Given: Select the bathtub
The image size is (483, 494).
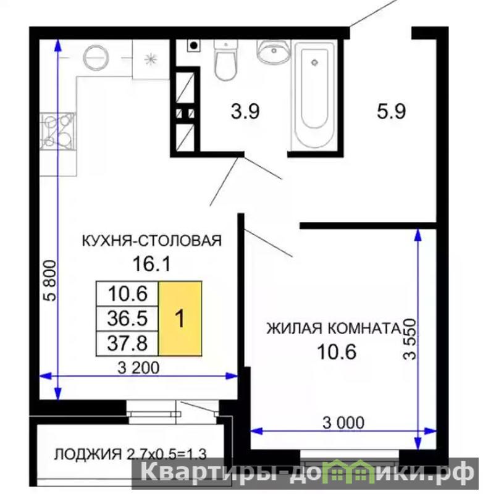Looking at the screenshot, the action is coord(314,94).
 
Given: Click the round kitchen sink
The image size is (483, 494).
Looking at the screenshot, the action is coord(96,57).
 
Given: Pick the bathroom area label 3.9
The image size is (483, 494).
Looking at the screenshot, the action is coord(245,112).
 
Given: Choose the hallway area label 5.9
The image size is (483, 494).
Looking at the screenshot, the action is coord(392,111).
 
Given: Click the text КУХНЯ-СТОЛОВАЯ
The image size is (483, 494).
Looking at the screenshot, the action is coord(152,241).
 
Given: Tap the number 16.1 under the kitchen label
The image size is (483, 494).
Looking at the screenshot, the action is coord(151,264).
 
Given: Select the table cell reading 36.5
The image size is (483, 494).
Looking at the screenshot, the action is coord(127,318).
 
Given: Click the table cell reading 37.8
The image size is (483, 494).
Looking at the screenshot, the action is coord(127,343).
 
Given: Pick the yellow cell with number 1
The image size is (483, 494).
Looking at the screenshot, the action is coord(180,319).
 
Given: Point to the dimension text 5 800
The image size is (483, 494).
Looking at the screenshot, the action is coord(50,281).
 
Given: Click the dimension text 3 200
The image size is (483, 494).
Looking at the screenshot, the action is coord(138,367).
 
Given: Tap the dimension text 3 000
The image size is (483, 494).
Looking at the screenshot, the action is coord(343,423).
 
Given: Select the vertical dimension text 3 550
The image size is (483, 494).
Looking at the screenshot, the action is coord(410,339).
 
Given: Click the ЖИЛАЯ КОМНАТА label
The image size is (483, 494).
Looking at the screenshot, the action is coord(334,329).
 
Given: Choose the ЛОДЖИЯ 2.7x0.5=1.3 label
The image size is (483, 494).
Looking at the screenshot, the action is coord(130,454).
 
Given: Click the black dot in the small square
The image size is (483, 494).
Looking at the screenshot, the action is coord(194,46).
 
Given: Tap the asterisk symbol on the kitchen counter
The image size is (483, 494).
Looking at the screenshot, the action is coord(151,59).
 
